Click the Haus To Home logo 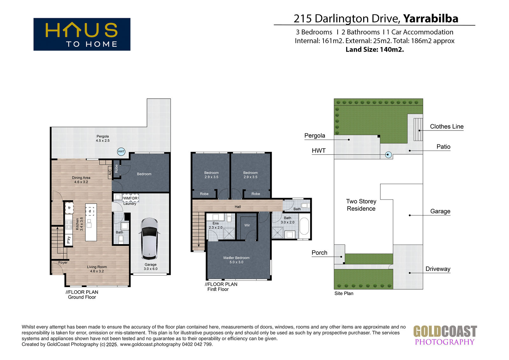pyautogui.click(x=82, y=34)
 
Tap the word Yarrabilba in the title pyautogui.click(x=431, y=19)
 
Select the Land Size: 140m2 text pyautogui.click(x=375, y=50)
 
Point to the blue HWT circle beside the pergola pyautogui.click(x=121, y=152)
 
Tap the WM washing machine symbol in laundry pyautogui.click(x=127, y=198)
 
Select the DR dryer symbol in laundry pyautogui.click(x=135, y=198)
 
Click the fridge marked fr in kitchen pyautogui.click(x=69, y=208)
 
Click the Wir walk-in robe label pyautogui.click(x=247, y=225)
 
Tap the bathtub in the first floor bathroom pyautogui.click(x=304, y=226)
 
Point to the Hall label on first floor pyautogui.click(x=238, y=207)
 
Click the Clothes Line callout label pyautogui.click(x=447, y=127)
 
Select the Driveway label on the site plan pyautogui.click(x=438, y=269)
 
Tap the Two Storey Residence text pyautogui.click(x=361, y=205)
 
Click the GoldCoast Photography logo pyautogui.click(x=445, y=335)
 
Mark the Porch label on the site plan pyautogui.click(x=319, y=253)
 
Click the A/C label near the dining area pyautogui.click(x=110, y=173)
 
